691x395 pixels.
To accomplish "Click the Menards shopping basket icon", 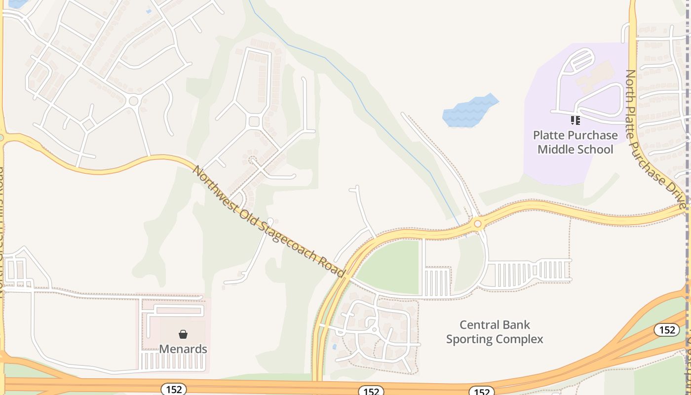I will click(x=183, y=334).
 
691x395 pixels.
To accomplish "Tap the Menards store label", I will click(x=183, y=349).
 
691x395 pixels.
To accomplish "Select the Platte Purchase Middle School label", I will click(x=575, y=142).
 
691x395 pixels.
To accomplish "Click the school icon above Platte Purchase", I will click(x=575, y=120).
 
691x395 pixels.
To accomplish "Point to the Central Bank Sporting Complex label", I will click(x=495, y=332).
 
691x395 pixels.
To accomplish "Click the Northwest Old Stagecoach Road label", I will click(x=268, y=222).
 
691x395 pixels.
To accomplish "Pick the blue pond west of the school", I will click(x=469, y=110).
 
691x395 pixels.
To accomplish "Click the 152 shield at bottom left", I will click(x=174, y=390).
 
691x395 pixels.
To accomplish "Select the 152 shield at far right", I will click(x=667, y=330).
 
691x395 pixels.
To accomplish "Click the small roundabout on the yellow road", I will click(x=477, y=224).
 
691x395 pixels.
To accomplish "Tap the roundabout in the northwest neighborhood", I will click(x=133, y=101).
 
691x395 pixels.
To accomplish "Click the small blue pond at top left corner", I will click(x=17, y=3).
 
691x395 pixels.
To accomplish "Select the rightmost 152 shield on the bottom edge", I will click(x=481, y=392).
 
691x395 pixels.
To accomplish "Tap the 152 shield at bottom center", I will click(x=371, y=392).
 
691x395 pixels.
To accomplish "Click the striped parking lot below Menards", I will click(x=173, y=361).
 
